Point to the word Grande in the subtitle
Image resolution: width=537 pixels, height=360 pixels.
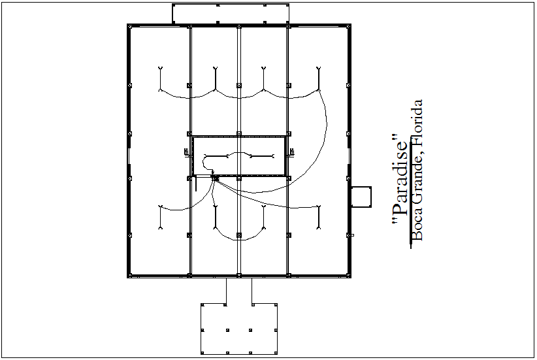419,180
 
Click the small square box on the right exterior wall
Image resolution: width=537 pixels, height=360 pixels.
361,197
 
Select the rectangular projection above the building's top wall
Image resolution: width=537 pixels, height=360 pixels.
231,14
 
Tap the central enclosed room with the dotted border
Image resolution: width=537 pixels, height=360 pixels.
238,156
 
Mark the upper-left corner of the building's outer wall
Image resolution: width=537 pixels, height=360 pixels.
129,26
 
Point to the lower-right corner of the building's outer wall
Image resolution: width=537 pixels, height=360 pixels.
351,276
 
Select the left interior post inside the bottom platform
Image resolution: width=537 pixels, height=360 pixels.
225,331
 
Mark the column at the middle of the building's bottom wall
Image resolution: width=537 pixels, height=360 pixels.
238,276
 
